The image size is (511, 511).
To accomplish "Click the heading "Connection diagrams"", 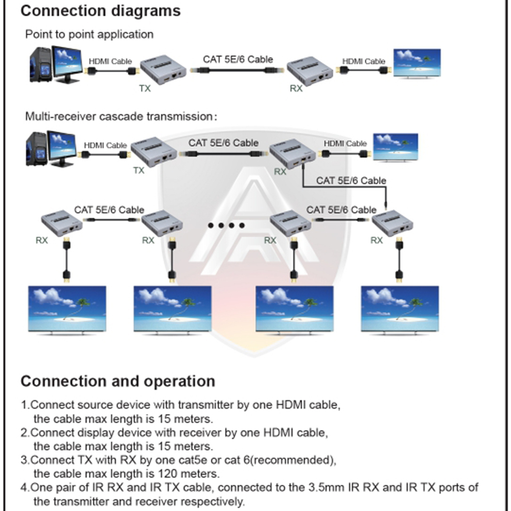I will (101, 11).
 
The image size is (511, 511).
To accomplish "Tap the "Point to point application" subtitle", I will (89, 35).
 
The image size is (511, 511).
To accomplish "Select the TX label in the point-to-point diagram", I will (145, 88).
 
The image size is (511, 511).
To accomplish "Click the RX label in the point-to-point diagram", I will (296, 88).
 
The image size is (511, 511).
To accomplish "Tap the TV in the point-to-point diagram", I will (416, 63).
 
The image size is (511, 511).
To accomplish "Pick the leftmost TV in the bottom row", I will (67, 309).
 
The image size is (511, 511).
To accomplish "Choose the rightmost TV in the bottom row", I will (400, 309).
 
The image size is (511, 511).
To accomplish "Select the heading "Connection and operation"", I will (118, 381).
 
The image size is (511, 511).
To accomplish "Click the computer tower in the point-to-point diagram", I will (41, 64).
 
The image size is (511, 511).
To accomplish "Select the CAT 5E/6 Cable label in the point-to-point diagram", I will (238, 59).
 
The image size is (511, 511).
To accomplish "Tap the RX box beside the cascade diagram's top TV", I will (293, 154).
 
